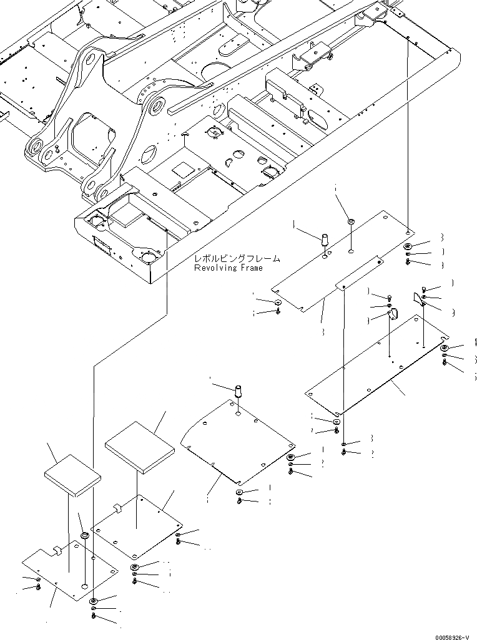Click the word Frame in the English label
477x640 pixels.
pyautogui.click(x=250, y=268)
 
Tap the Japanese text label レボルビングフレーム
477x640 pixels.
pyautogui.click(x=237, y=258)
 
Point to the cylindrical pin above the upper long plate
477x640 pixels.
pyautogui.click(x=325, y=239)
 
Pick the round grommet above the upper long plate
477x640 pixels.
pyautogui.click(x=351, y=221)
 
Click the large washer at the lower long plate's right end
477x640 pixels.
pyautogui.click(x=444, y=348)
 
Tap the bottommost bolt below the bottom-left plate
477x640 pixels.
pyautogui.click(x=94, y=616)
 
